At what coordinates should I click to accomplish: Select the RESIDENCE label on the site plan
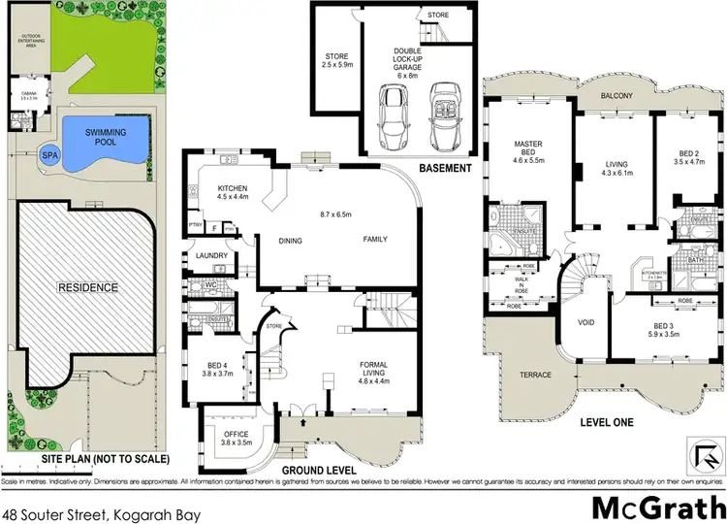pos(86,287)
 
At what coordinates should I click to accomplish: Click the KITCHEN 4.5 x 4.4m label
pos(232,192)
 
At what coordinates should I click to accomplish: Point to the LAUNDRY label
pos(211,256)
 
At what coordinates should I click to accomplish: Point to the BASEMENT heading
pos(445,168)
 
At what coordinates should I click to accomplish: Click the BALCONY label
pos(616,96)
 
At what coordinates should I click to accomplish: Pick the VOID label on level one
pos(585,321)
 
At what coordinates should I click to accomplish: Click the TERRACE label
pos(534,375)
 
